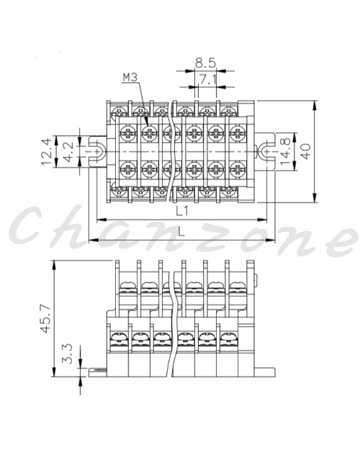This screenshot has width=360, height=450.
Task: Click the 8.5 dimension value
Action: pos(205,63)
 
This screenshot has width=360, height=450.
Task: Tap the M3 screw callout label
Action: pos(130,78)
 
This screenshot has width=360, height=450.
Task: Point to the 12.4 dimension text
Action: pos(46,151)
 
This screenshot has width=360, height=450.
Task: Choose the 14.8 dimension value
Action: pos(285,151)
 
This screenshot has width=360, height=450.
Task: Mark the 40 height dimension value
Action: pos(306,151)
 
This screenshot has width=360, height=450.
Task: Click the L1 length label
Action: pos(182,212)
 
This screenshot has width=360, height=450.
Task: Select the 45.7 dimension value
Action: pos(45,318)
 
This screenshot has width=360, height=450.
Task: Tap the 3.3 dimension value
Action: pos(68,354)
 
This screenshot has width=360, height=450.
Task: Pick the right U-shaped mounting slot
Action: pos(264,151)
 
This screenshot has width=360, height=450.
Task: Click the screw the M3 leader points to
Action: pos(149,133)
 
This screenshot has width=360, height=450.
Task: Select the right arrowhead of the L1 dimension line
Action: pos(263,220)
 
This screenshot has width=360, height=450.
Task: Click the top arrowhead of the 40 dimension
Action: pos(315,106)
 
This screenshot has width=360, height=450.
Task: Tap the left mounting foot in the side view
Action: pos(98,372)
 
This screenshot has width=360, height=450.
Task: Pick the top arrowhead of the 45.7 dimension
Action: pos(54,266)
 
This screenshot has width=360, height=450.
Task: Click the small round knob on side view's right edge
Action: pos(256,278)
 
